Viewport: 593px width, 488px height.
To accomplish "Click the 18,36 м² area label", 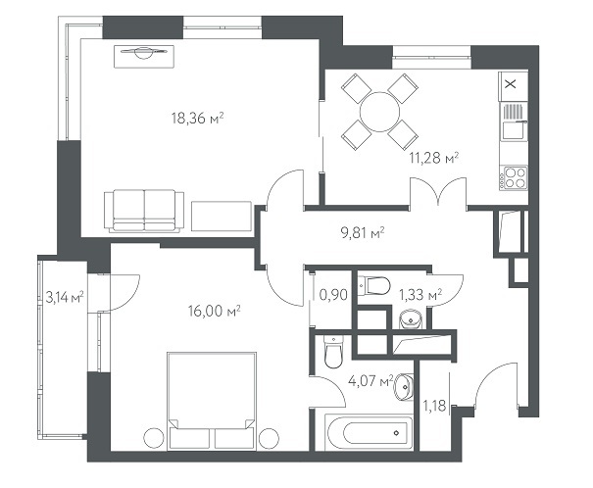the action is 197,119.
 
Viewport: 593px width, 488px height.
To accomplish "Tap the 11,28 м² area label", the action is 434,157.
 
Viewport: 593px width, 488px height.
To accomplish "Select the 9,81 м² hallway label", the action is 363,233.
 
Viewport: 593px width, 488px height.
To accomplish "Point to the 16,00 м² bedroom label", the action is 215,311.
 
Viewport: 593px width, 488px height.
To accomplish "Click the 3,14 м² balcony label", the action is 65,297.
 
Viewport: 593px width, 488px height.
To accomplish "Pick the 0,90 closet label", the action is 333,294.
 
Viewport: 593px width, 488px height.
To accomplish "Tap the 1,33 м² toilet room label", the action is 420,294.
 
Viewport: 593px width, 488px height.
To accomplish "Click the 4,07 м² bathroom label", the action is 371,380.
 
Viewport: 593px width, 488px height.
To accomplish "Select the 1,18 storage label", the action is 434,406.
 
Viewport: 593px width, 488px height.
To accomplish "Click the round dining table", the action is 379,112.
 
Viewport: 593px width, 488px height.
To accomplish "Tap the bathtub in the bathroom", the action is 369,433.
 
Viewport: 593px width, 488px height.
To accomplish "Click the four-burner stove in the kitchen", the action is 514,177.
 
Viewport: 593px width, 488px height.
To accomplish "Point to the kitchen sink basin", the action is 513,129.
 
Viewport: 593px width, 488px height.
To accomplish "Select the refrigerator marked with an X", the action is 514,86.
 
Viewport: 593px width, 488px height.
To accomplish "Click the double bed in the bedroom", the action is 212,401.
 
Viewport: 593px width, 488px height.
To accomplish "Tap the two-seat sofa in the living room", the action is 144,211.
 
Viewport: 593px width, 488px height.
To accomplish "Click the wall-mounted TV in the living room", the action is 144,57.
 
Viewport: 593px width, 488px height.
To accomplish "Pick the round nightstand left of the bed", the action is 154,438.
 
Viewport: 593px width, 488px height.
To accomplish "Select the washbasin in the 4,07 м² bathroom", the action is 404,387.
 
